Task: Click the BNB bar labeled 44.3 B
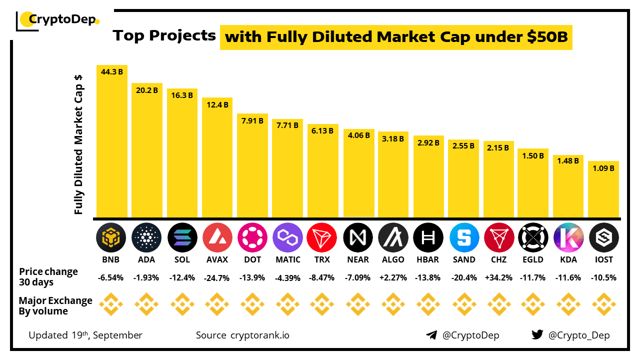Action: point(112,142)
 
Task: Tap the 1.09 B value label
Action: point(603,168)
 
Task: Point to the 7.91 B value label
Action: point(252,120)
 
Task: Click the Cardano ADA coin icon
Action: point(146,237)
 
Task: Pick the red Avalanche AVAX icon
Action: point(217,237)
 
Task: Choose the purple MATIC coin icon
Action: point(287,237)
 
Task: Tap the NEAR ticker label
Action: point(358,259)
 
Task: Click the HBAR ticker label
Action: point(428,259)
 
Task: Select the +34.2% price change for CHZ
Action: point(498,277)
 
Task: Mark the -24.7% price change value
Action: point(217,277)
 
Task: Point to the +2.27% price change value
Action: point(393,277)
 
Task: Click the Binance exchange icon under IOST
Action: point(604,304)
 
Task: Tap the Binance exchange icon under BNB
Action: point(111,304)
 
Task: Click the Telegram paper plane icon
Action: point(431,335)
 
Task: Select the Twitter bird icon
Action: point(537,335)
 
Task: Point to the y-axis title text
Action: point(78,145)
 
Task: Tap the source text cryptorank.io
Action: point(259,335)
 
